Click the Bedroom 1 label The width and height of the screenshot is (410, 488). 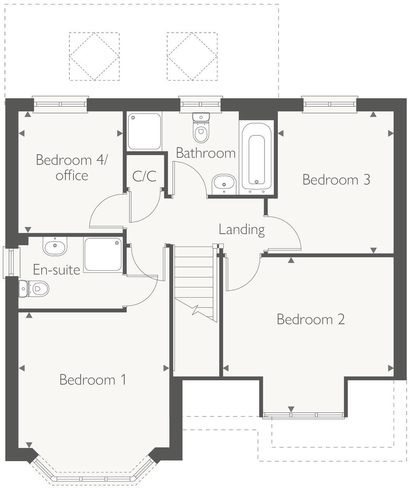(x=93, y=380)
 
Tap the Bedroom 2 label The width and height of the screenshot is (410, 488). (x=310, y=319)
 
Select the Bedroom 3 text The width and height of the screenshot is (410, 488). (x=336, y=179)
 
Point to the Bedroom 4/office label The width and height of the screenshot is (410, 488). (x=71, y=167)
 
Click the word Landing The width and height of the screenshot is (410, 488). (x=241, y=229)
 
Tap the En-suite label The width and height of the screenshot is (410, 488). (x=57, y=270)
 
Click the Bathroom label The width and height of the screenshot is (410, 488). (x=205, y=153)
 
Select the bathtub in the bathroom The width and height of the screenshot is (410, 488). (x=257, y=157)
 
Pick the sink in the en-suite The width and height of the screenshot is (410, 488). (x=55, y=246)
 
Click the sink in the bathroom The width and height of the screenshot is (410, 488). (x=224, y=184)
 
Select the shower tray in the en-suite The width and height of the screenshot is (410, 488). (x=103, y=254)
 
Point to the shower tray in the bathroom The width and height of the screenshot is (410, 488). (x=144, y=131)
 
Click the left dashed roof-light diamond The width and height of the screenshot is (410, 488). (x=94, y=56)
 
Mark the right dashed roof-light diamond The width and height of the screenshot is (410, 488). (x=192, y=56)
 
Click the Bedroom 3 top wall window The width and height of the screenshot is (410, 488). (x=330, y=104)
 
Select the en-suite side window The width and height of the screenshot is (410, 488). (x=11, y=262)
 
